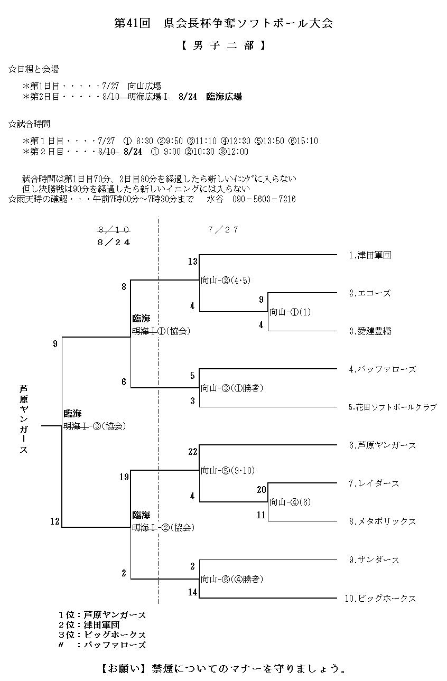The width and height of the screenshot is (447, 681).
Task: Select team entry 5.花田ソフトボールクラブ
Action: (x=393, y=407)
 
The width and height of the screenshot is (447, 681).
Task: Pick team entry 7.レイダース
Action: (x=374, y=483)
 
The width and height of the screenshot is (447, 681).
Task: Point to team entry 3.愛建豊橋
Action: (x=370, y=331)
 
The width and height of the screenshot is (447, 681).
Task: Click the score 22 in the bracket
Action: (x=192, y=452)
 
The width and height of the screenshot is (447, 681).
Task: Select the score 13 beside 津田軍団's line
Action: (x=192, y=262)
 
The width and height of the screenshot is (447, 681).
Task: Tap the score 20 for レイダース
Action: (x=261, y=490)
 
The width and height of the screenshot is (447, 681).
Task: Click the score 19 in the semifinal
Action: (x=124, y=477)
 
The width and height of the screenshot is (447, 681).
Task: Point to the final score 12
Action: (x=55, y=521)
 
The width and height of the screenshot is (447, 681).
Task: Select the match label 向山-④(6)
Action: (x=290, y=502)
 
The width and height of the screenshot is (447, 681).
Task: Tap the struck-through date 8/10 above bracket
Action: (x=114, y=230)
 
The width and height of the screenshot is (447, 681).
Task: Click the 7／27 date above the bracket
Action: (x=223, y=230)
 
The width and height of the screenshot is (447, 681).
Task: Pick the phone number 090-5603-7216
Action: (x=264, y=199)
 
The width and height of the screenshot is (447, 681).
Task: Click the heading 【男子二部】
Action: (x=222, y=45)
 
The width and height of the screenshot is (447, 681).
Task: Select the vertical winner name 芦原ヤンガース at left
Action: (x=23, y=419)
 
